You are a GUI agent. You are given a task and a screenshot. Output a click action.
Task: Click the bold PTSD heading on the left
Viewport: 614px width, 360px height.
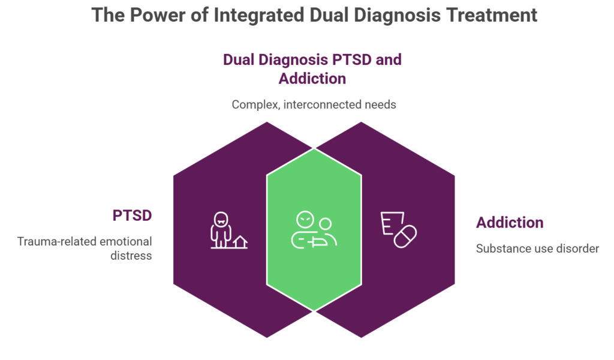coord(132,216)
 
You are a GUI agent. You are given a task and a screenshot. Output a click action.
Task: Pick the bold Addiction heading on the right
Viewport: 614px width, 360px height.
coord(510,223)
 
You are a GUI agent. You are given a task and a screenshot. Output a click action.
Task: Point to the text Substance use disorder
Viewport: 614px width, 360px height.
coord(537,248)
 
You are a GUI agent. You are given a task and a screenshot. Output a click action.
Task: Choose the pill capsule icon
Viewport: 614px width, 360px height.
coord(405,236)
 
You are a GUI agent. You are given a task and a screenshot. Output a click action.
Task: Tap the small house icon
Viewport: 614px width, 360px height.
coord(240,242)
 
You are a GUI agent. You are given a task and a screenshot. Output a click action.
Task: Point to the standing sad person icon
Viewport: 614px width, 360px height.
coord(221,230)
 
